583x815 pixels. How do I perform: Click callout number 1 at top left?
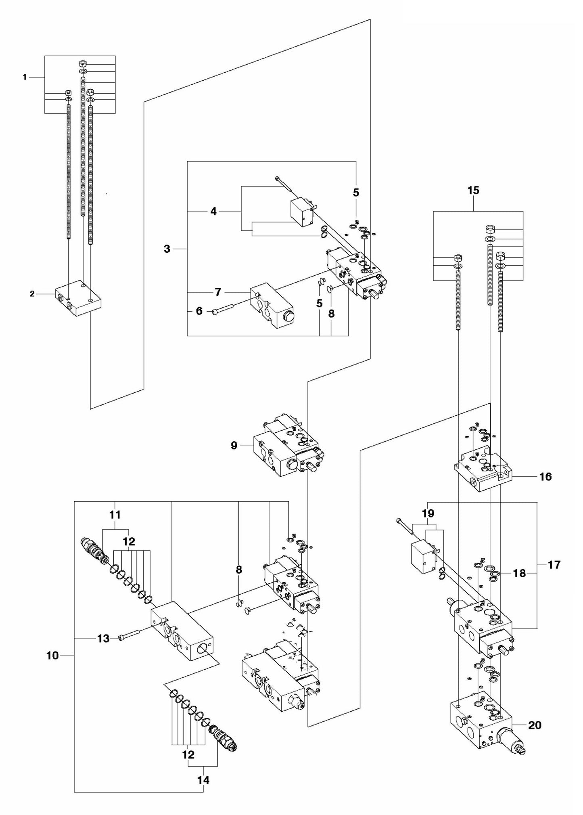25,77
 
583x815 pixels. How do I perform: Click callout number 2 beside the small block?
32,294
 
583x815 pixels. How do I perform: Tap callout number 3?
167,249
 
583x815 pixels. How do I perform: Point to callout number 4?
214,211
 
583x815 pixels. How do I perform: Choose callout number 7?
218,291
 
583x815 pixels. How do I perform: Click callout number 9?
234,446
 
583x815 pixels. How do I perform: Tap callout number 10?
52,656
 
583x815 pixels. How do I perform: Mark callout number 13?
103,638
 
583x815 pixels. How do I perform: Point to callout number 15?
473,191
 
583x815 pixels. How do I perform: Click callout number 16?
545,477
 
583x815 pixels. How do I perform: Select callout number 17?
554,565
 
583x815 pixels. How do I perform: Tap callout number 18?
520,573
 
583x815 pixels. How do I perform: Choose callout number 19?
428,513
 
